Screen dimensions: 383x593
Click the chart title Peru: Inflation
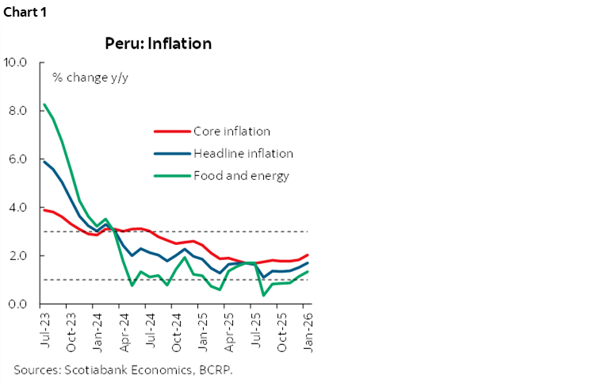click(159, 44)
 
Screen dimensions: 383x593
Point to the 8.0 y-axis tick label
click(18, 111)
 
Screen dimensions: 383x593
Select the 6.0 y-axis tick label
click(18, 159)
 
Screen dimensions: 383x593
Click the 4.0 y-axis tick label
click(18, 208)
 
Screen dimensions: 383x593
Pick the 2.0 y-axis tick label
click(18, 256)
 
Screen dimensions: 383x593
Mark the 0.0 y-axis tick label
click(18, 304)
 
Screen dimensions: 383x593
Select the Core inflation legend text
click(231, 131)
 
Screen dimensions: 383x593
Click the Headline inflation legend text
click(243, 153)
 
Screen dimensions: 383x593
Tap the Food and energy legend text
click(241, 175)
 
